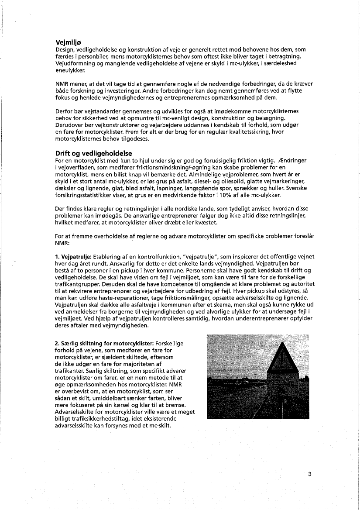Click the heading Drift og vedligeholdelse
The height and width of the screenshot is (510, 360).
[x=93, y=153]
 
